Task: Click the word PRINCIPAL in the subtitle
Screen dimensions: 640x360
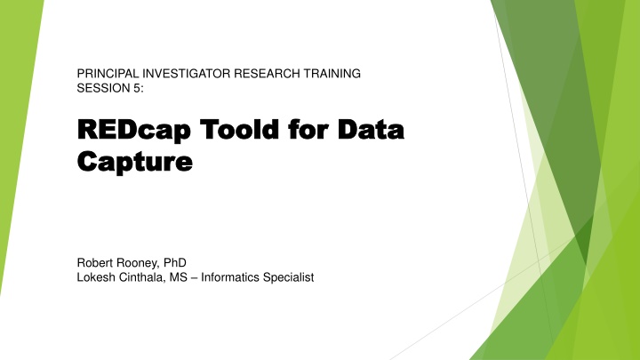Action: pyautogui.click(x=108, y=74)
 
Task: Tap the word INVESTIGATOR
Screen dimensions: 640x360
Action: pyautogui.click(x=186, y=74)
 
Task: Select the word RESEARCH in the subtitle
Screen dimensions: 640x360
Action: pyautogui.click(x=267, y=74)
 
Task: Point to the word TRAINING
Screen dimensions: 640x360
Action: pyautogui.click(x=332, y=74)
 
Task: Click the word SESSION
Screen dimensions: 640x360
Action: pyautogui.click(x=104, y=88)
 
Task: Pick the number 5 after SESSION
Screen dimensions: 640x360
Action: pyautogui.click(x=139, y=88)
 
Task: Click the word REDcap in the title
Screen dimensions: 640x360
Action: pyautogui.click(x=134, y=130)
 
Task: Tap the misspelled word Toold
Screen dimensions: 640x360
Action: pyautogui.click(x=239, y=129)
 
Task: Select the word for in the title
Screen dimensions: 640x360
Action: pyautogui.click(x=308, y=129)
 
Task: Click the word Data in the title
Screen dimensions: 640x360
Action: pyautogui.click(x=371, y=129)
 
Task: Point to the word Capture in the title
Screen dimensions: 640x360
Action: pyautogui.click(x=135, y=163)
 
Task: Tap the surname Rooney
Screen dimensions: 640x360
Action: pyautogui.click(x=139, y=263)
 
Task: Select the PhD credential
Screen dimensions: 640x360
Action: pyautogui.click(x=175, y=262)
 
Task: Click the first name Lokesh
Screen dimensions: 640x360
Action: pyautogui.click(x=96, y=277)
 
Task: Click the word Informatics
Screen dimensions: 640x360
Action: pyautogui.click(x=230, y=277)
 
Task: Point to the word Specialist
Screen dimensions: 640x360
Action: pyautogui.click(x=289, y=278)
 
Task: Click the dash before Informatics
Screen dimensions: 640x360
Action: pyautogui.click(x=194, y=278)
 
